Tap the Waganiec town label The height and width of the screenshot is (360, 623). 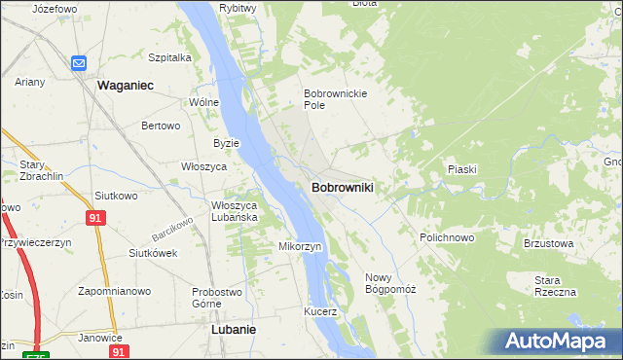(x=127, y=86)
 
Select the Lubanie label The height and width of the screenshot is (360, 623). (x=234, y=330)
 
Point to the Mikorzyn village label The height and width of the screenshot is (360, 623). (x=300, y=246)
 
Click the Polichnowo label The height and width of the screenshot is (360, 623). (x=447, y=237)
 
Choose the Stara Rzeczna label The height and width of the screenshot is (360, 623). (x=555, y=286)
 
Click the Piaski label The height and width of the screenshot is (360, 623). (x=461, y=169)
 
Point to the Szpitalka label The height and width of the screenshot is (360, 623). (x=169, y=57)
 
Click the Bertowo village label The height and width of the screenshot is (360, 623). (x=162, y=126)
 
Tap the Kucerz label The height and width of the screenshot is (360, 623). (x=319, y=312)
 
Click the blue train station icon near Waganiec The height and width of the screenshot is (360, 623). (x=79, y=63)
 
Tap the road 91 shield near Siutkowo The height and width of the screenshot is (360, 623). (x=94, y=218)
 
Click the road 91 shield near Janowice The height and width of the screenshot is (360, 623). (x=118, y=351)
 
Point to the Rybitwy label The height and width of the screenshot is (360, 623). (x=238, y=8)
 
